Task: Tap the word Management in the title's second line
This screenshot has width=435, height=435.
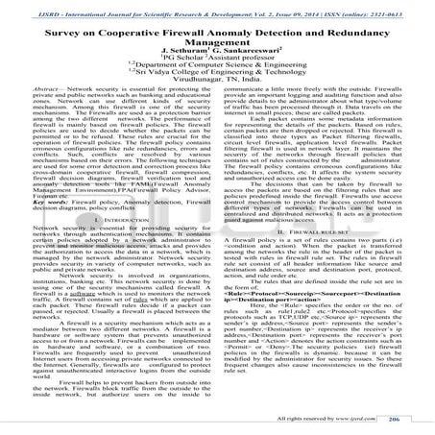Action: click(217, 42)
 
